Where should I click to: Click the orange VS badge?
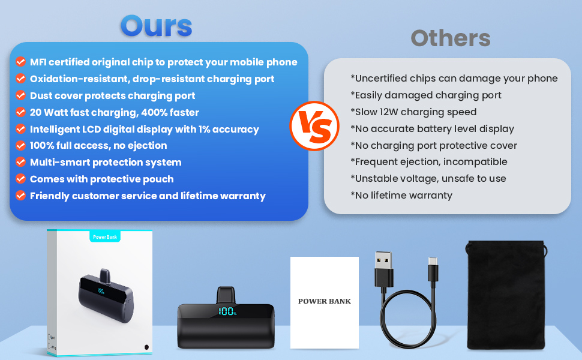[x=314, y=126]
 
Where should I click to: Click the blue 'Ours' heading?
[x=156, y=26]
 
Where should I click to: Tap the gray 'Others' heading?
[x=451, y=38]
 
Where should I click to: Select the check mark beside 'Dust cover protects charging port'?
[x=21, y=95]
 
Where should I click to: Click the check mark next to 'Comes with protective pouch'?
[x=21, y=179]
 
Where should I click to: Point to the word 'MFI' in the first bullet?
[x=38, y=62]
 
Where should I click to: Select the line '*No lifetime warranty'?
[x=401, y=195]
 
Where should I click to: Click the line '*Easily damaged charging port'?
[x=426, y=95]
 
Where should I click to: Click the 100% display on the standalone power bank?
[x=227, y=311]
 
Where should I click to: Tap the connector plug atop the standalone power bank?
[x=226, y=295]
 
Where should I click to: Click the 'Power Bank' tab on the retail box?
[x=105, y=237]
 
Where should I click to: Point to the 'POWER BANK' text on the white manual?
[x=325, y=301]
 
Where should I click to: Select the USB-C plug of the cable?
[x=433, y=270]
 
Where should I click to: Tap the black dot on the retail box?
[x=146, y=347]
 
